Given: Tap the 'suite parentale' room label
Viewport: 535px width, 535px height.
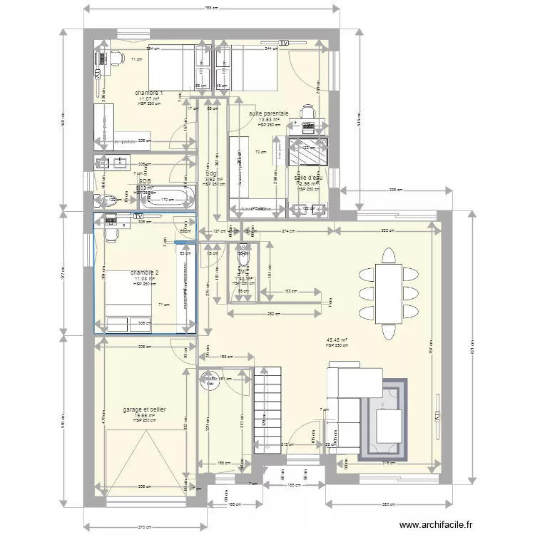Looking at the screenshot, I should (x=269, y=113).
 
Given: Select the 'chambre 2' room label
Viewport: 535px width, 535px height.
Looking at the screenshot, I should (x=145, y=272).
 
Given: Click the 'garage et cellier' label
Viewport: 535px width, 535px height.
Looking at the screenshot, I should (x=145, y=409).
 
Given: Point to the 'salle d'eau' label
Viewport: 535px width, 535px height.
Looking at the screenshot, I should (x=309, y=178).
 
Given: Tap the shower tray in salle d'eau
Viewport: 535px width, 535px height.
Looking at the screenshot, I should (x=307, y=151).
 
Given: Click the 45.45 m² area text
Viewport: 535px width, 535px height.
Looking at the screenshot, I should (x=337, y=340).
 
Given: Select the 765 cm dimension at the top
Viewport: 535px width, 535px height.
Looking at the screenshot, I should (x=211, y=8).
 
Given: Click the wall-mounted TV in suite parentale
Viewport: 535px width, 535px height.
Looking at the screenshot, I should (x=284, y=44).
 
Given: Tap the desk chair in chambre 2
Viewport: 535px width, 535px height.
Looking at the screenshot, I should (x=112, y=233).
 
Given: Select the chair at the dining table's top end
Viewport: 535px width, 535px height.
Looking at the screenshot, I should (x=388, y=255).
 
